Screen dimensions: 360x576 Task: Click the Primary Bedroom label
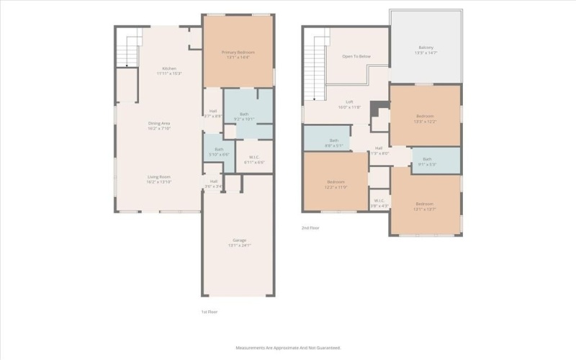(238, 53)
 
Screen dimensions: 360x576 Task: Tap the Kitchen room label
(169, 68)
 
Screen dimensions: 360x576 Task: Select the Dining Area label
(158, 124)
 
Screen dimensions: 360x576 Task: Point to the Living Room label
(158, 176)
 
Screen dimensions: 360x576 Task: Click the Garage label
(239, 240)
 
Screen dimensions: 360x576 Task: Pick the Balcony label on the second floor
(424, 48)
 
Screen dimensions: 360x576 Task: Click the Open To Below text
(356, 55)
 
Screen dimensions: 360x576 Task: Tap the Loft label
(349, 102)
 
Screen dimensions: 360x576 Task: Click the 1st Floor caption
(209, 312)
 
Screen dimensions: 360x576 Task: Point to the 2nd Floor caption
(310, 228)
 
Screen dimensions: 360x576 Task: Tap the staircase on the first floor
(127, 50)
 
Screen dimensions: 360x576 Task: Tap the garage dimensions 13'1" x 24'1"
(239, 246)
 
